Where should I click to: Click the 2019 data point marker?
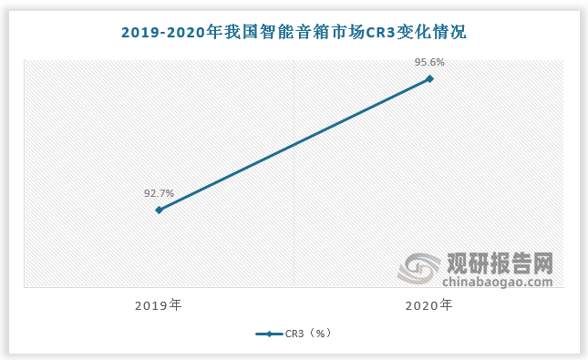click(x=159, y=210)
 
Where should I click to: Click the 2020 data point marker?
click(x=429, y=78)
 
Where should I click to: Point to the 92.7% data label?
click(x=159, y=193)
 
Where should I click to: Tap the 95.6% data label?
click(x=429, y=62)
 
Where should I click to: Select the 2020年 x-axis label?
click(x=428, y=305)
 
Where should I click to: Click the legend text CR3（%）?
click(x=308, y=334)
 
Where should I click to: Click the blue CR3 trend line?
click(x=294, y=144)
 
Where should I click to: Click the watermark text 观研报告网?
click(x=500, y=263)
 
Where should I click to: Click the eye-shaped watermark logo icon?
click(x=421, y=269)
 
